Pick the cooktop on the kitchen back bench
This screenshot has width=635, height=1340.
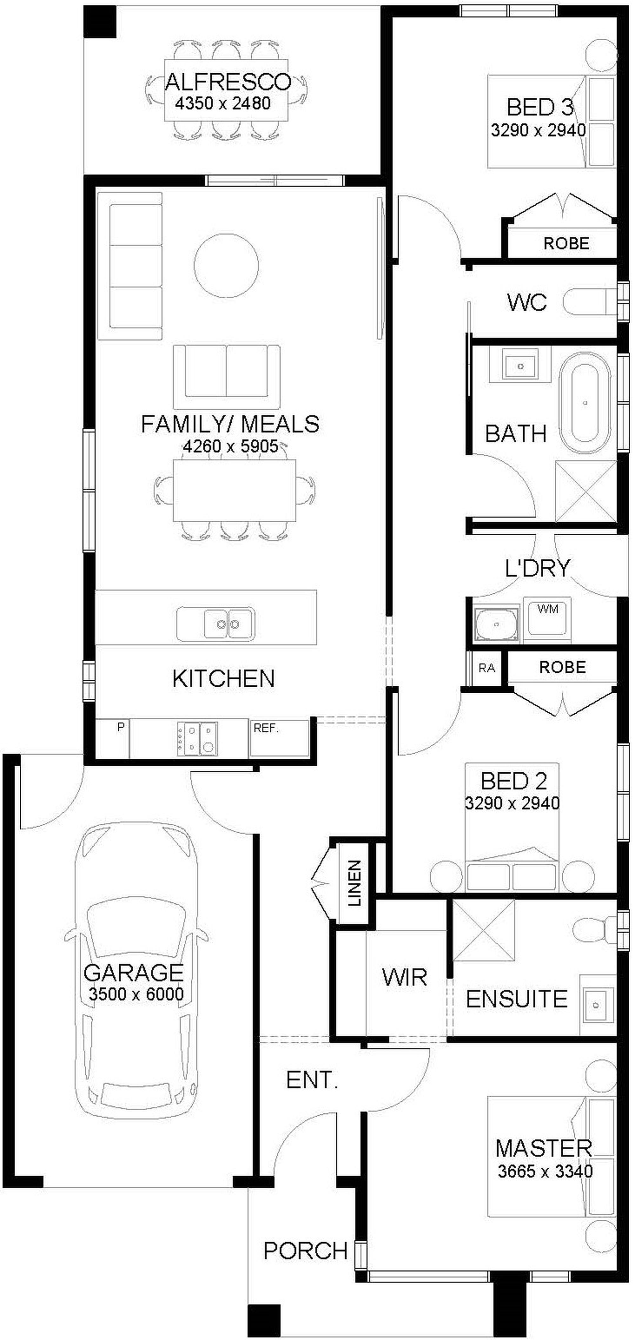(197, 738)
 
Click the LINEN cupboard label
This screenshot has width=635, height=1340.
(354, 883)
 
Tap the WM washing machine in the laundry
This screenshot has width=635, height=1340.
(547, 617)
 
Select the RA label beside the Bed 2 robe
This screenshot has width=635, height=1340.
(487, 667)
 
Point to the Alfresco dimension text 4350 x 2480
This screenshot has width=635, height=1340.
(223, 103)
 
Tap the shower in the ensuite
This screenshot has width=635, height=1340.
(484, 930)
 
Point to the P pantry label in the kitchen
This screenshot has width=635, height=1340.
(121, 727)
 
